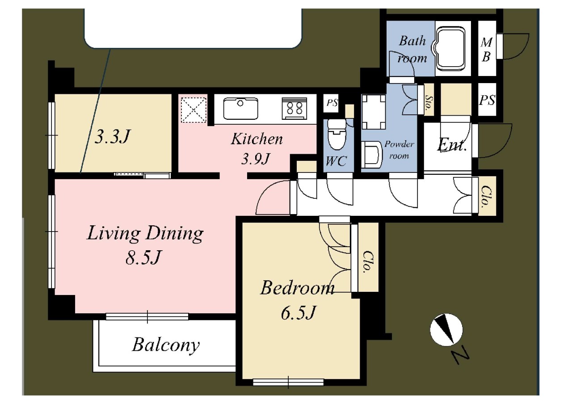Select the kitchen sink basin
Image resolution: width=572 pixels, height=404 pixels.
pos(240,109)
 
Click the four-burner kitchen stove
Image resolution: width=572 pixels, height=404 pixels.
pos(294,108)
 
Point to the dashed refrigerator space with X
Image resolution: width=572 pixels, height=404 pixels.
pos(193,110)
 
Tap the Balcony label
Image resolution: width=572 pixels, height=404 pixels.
pos(166,345)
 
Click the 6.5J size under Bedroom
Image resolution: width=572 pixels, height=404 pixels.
pos(298,313)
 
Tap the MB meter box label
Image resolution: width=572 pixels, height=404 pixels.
pos(486,49)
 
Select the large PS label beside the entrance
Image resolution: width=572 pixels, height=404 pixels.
pos(487,100)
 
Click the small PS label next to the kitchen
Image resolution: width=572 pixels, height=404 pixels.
pos(332,103)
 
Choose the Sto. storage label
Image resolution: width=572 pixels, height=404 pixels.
pos(429,101)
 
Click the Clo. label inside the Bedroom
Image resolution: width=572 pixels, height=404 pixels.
pos(367,262)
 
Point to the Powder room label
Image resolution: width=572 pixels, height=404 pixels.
pos(399,150)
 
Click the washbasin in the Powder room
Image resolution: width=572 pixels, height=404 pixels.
pos(371,155)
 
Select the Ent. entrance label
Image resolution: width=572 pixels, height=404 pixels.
pos(451,146)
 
